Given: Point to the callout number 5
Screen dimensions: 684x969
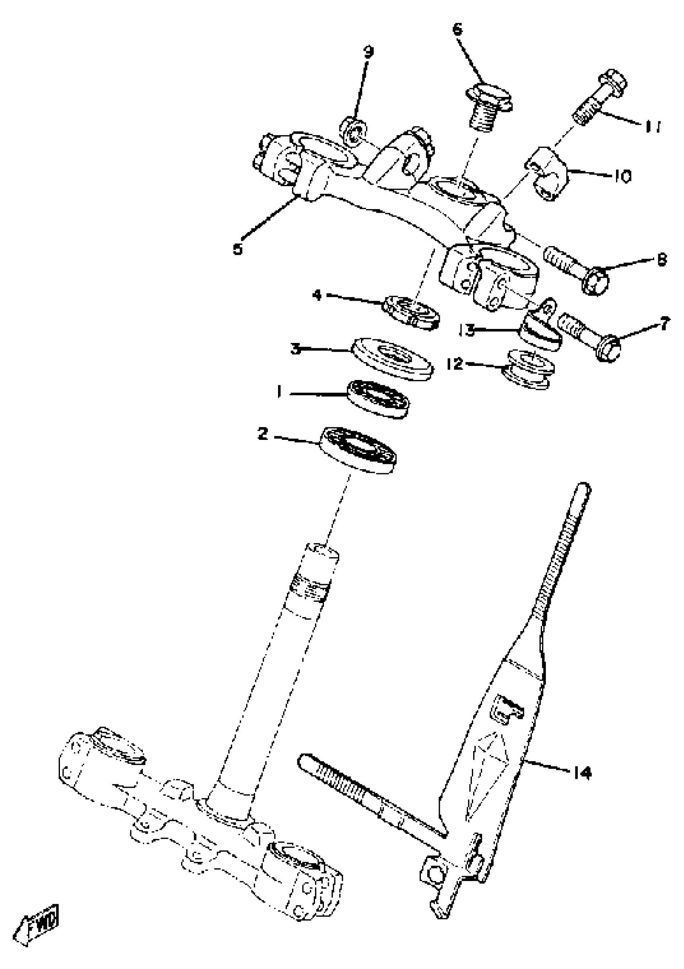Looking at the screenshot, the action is pos(238,248).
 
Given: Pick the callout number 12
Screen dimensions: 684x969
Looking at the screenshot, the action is pos(455,363).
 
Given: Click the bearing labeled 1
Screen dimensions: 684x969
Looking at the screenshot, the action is pos(378,399).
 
